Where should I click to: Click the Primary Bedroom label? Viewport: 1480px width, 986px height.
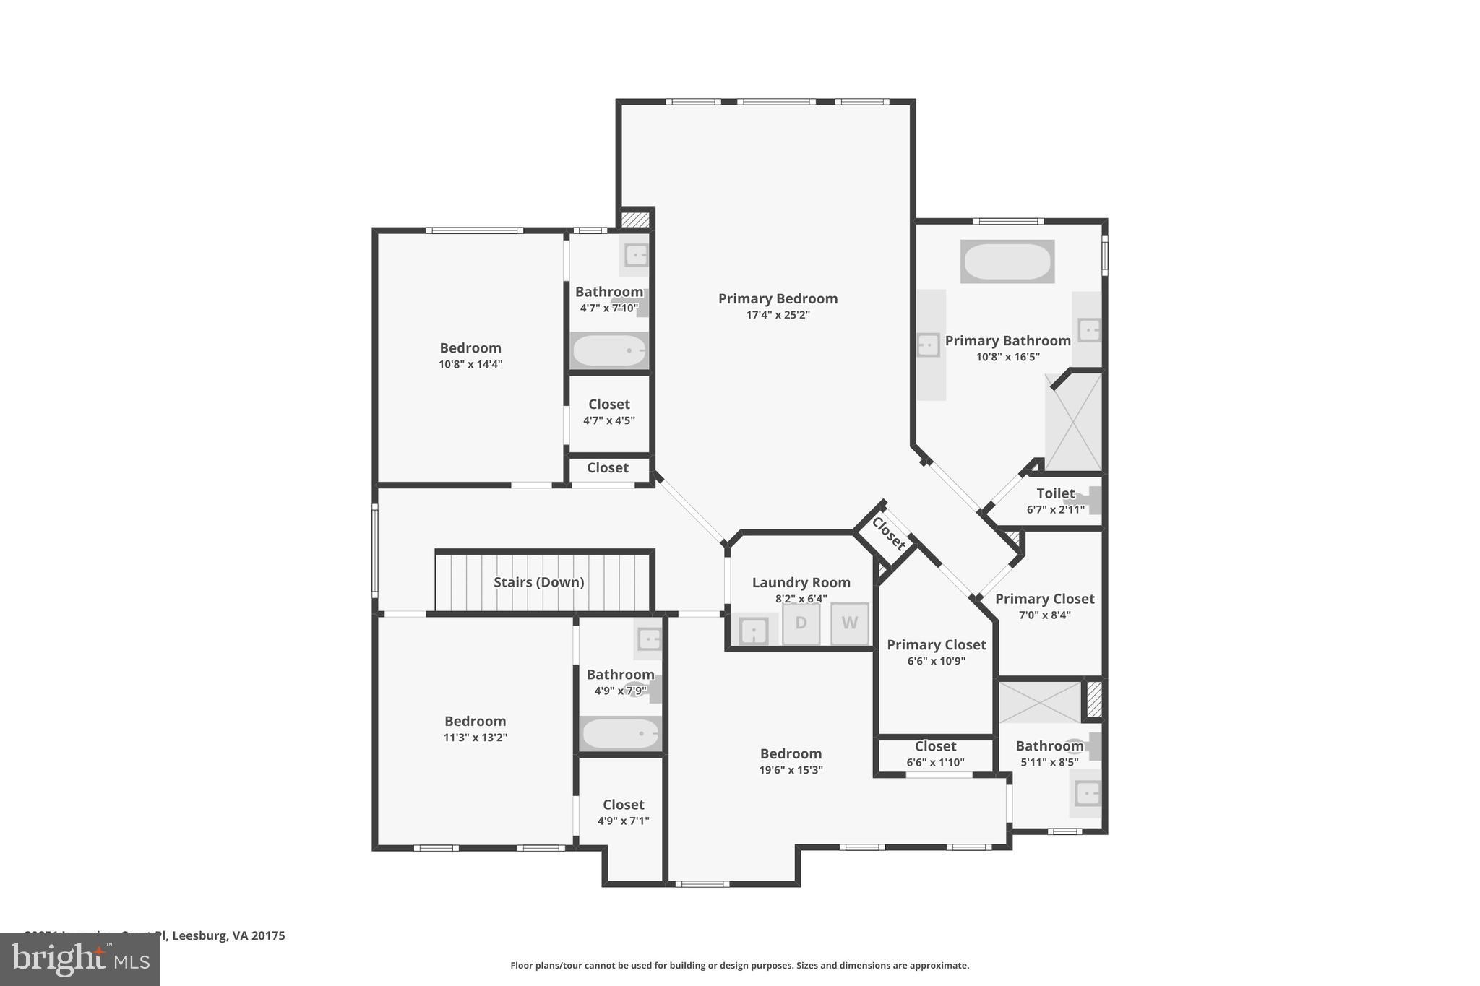[778, 298]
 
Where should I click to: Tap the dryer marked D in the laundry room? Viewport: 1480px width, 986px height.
[801, 623]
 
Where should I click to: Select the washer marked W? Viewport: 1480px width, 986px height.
[849, 623]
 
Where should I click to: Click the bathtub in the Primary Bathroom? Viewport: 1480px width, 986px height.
[1007, 261]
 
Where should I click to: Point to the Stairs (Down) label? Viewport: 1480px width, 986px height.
[538, 582]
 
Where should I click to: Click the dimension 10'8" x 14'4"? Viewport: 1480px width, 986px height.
[470, 365]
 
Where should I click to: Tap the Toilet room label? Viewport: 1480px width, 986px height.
[1055, 493]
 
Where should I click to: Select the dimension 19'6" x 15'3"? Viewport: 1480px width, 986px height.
[791, 770]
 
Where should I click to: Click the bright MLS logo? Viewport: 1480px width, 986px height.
[80, 959]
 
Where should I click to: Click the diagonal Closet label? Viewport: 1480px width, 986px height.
[888, 533]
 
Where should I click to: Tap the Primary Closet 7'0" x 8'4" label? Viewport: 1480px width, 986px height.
[1044, 599]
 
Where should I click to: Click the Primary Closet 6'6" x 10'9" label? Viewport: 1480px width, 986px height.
[936, 645]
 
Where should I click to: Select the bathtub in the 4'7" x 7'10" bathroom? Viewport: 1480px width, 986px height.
[609, 351]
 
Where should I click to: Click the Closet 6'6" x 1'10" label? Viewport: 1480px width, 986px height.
[935, 747]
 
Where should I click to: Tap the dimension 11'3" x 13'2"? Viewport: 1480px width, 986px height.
[475, 738]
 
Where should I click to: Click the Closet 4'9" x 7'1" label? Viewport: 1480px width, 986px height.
[623, 805]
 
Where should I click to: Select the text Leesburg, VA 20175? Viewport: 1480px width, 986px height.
[229, 936]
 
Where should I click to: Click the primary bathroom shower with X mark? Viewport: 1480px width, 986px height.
[1074, 423]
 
